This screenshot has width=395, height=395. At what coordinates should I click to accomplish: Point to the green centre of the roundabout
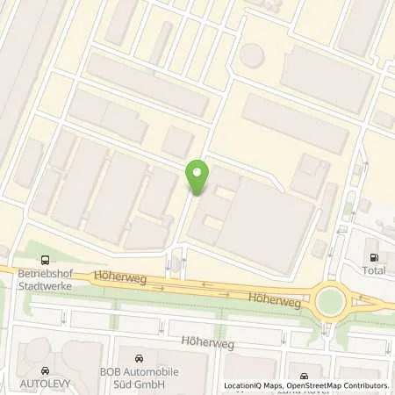point(331,302)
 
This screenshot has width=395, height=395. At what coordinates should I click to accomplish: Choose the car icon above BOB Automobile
point(140,359)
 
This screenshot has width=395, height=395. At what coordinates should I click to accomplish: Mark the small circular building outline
point(252,55)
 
